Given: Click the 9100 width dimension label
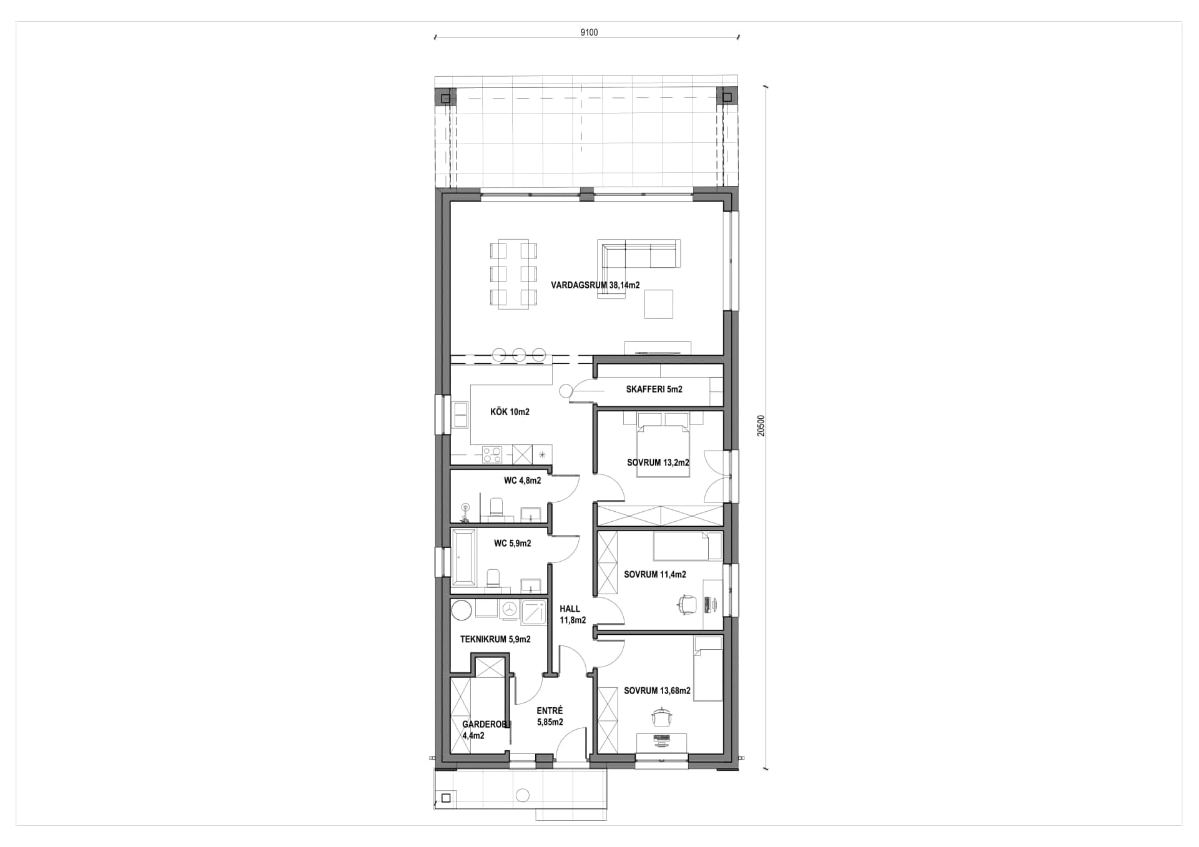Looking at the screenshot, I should [588, 32].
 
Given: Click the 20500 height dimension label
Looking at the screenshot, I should [760, 425].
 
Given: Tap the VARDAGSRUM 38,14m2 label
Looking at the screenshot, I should [595, 285].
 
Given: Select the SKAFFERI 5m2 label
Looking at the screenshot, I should [654, 389].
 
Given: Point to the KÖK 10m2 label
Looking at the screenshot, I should [510, 412].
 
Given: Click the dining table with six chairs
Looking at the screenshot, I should [513, 274].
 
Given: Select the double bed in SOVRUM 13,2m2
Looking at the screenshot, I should [663, 449].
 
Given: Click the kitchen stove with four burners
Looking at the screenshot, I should [492, 454].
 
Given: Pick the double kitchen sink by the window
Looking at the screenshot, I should [461, 416].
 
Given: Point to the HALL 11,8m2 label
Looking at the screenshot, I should [571, 614].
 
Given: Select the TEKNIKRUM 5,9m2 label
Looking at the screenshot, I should [495, 639].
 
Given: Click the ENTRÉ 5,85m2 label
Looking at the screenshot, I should [550, 716].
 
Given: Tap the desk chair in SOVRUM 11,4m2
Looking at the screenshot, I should [687, 604].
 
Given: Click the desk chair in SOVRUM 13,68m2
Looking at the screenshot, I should [661, 718].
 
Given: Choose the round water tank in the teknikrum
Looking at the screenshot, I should [462, 610].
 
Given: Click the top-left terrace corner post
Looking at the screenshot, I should [445, 98].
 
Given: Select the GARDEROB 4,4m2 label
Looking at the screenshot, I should [483, 730].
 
